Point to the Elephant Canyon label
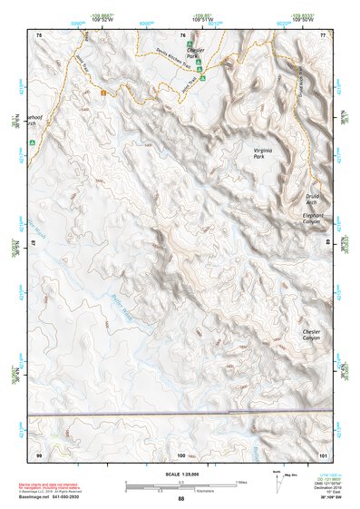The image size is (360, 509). (311, 219)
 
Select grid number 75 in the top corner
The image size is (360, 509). (39, 35)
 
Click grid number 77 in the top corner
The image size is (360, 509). (322, 35)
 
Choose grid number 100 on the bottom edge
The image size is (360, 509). (181, 454)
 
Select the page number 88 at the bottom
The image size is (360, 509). (181, 498)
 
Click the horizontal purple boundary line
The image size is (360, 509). (181, 415)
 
